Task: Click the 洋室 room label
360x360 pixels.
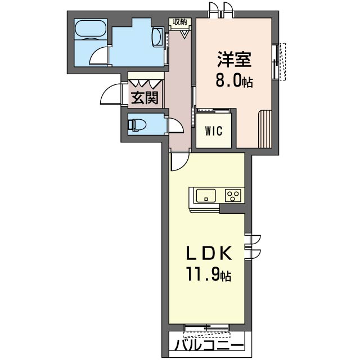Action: point(235,60)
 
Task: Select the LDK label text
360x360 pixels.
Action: point(208,253)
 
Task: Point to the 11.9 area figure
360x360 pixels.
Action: point(208,274)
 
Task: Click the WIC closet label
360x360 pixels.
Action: point(214,131)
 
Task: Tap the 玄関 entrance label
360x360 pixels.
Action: point(145,97)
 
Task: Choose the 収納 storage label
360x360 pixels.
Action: point(180,22)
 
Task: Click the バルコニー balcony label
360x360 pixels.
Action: point(209,345)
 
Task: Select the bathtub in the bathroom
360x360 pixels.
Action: point(91,28)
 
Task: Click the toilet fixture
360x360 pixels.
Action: point(137,125)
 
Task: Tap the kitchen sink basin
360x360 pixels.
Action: point(206,196)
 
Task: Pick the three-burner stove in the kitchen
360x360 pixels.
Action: point(233,196)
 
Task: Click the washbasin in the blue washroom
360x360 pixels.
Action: point(157,37)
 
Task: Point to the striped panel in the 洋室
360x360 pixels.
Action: point(265,129)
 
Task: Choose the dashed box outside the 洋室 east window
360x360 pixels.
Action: point(282,61)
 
